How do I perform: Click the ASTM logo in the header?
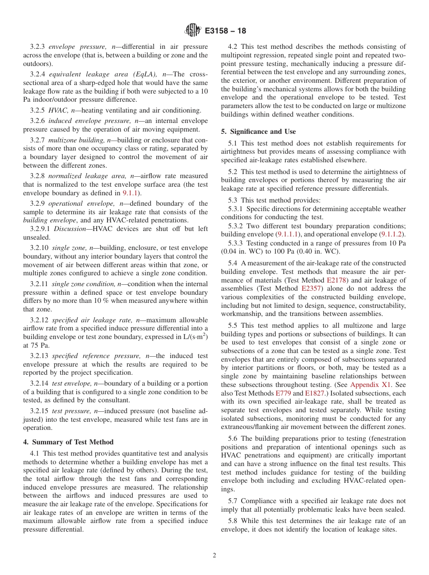tap(193, 31)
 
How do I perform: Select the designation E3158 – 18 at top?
tap(225, 31)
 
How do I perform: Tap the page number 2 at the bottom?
tap(214, 556)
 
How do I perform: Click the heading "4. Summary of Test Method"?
tap(68, 442)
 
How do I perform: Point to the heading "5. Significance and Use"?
tap(258, 132)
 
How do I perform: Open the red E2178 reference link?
tap(337, 280)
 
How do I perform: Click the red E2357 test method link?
tap(311, 288)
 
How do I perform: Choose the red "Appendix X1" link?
tap(371, 385)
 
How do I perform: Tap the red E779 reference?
tap(283, 393)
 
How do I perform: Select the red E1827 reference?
tap(314, 393)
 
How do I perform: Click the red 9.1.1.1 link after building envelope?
tap(287, 234)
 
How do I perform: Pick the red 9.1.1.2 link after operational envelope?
tap(392, 234)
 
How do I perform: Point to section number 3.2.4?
tap(38, 75)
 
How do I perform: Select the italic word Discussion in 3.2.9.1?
tap(70, 229)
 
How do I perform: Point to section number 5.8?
tap(234, 521)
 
